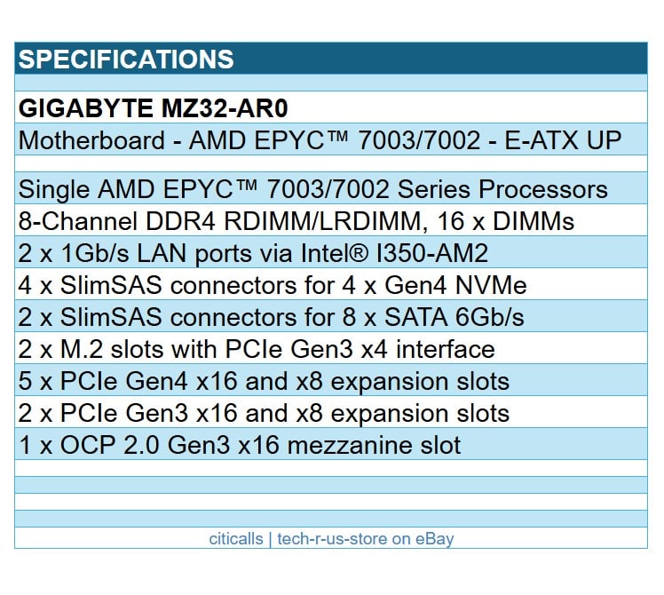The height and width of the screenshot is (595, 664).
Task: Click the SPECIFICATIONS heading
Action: click(126, 59)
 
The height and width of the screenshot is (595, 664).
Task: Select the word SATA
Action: click(417, 317)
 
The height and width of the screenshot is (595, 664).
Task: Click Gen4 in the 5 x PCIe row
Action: click(151, 381)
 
